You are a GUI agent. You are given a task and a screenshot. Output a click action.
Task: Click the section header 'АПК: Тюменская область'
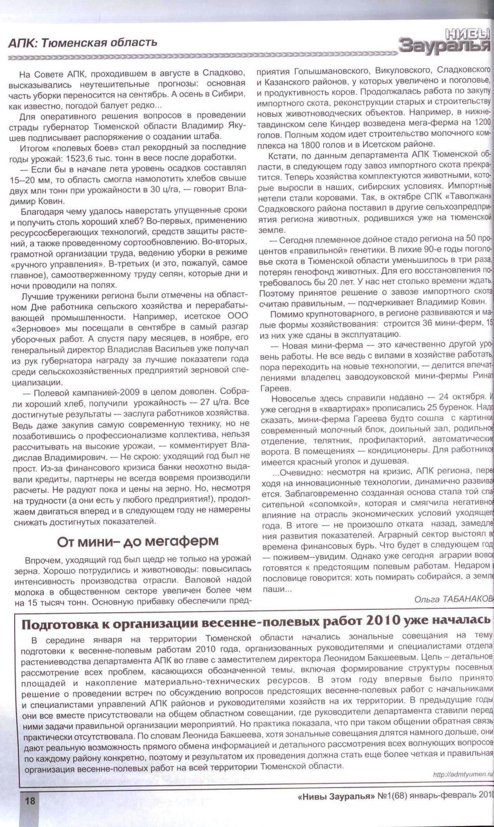pyautogui.click(x=83, y=42)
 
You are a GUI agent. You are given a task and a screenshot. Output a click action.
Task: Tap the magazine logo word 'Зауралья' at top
pyautogui.click(x=444, y=45)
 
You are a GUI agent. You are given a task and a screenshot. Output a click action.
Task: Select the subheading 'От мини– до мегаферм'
pyautogui.click(x=137, y=541)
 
